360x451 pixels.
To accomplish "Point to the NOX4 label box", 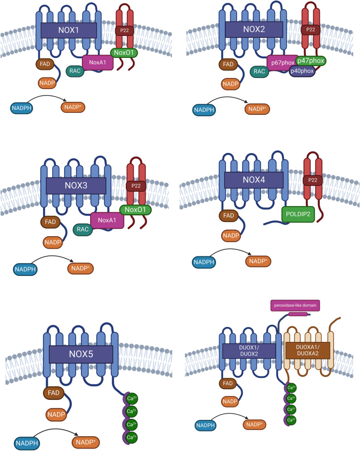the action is point(254,180).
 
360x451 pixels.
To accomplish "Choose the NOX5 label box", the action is point(81,354).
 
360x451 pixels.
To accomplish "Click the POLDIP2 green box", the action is point(298,214).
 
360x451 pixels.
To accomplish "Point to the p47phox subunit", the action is point(311,60).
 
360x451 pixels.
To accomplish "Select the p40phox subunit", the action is point(301,70).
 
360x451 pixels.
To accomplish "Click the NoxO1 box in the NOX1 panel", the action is point(125,52).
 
